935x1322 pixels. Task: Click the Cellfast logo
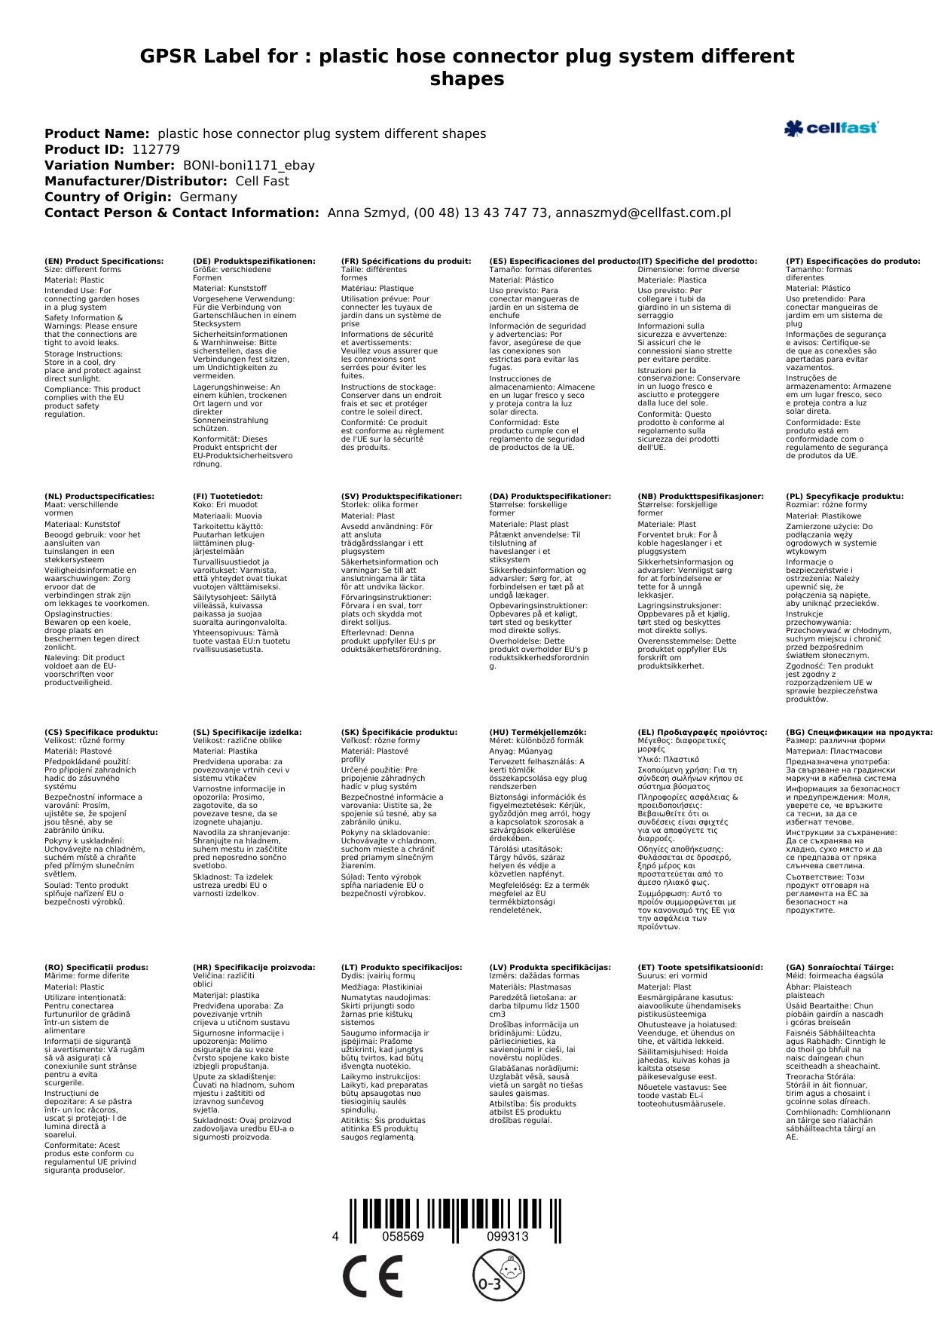pos(831,128)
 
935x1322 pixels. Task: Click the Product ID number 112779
pos(156,149)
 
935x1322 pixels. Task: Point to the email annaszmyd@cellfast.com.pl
pos(643,213)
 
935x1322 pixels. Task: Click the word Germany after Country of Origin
pos(208,197)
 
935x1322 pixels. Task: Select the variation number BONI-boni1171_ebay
pos(249,165)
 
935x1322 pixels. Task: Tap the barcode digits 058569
pos(403,1236)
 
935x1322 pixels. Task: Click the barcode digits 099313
pos(507,1236)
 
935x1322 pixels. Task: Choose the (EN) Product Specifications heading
pos(104,262)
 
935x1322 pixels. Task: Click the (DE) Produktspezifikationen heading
pos(254,262)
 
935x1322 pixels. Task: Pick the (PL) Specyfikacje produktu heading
pos(844,497)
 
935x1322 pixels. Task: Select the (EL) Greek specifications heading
pos(702,732)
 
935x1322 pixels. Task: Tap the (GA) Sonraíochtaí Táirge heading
pos(839,967)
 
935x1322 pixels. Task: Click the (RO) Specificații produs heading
pos(96,967)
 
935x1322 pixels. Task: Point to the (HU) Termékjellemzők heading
pos(537,732)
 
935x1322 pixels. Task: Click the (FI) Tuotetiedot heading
pos(228,497)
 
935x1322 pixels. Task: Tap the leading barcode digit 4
pos(335,1236)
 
